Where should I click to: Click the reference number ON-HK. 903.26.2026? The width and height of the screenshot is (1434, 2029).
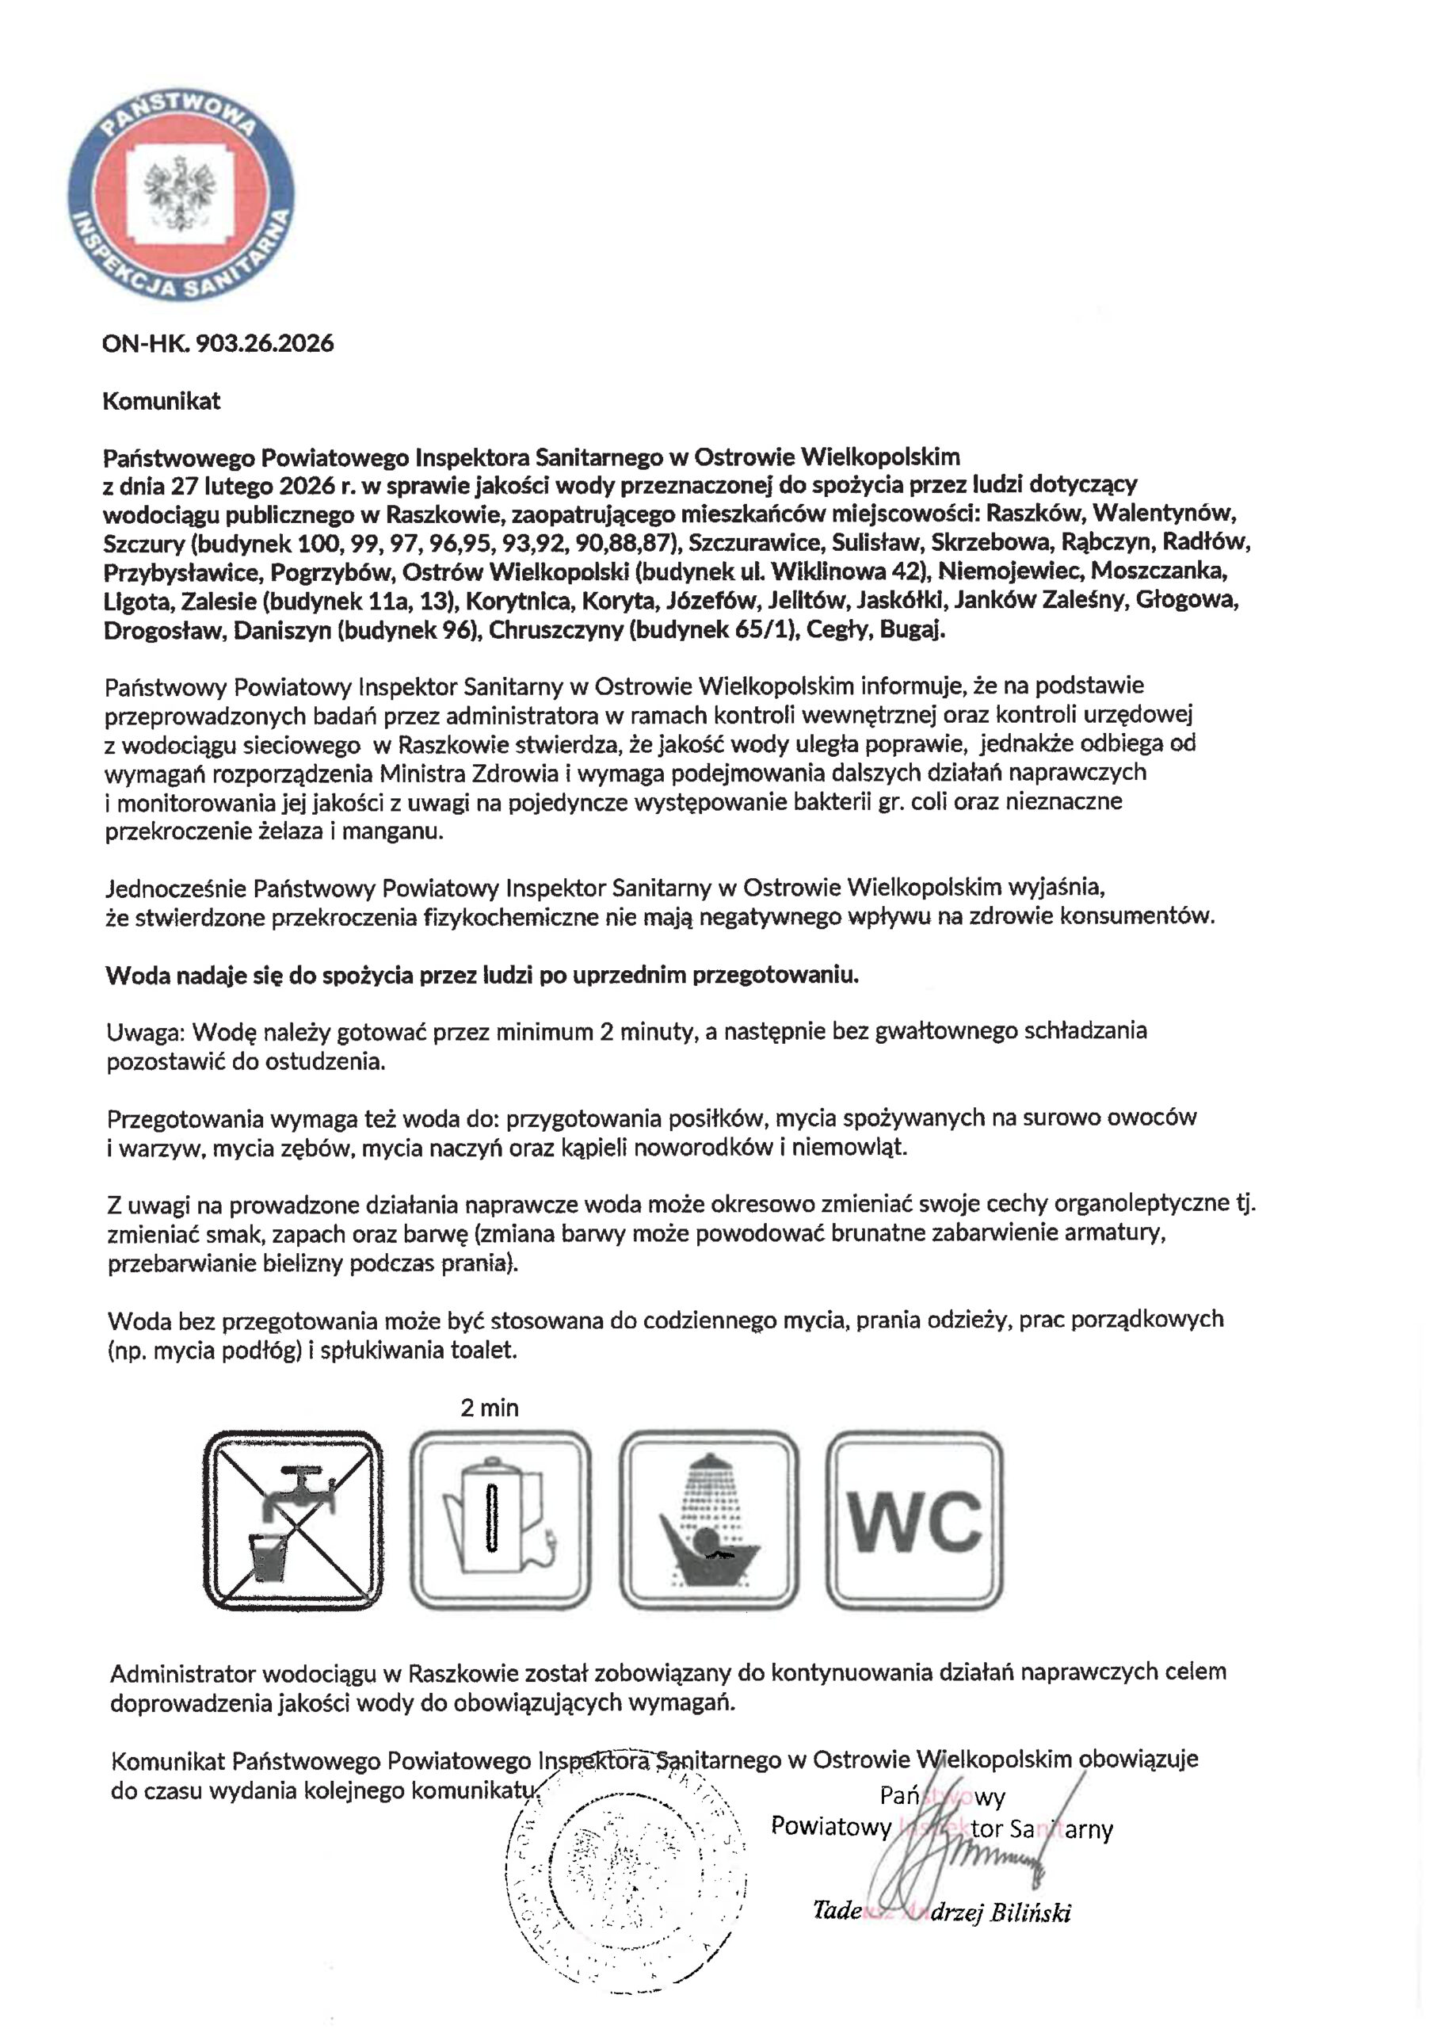(217, 343)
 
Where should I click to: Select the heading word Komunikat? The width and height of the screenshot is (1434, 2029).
(162, 401)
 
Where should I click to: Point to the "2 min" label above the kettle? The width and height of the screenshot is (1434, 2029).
(490, 1408)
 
